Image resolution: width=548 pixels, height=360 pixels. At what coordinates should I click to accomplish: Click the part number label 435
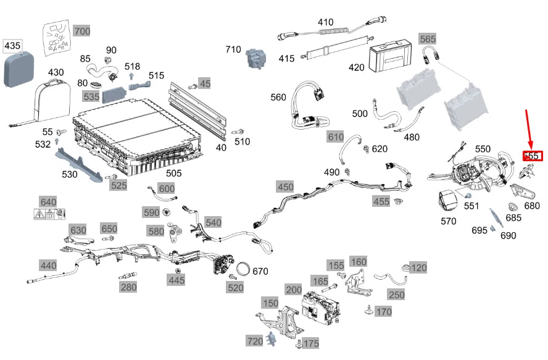pyautogui.click(x=12, y=46)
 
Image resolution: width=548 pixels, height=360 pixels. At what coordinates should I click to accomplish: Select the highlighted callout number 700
pyautogui.click(x=81, y=31)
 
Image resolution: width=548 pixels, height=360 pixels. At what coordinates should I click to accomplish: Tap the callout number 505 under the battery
pyautogui.click(x=173, y=173)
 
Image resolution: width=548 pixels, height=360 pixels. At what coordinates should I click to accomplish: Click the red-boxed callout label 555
pyautogui.click(x=532, y=156)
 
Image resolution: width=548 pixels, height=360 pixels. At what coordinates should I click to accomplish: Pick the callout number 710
pyautogui.click(x=233, y=49)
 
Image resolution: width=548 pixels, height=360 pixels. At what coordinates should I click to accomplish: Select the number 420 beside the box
pyautogui.click(x=356, y=67)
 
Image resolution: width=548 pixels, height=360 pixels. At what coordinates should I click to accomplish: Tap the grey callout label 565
pyautogui.click(x=428, y=39)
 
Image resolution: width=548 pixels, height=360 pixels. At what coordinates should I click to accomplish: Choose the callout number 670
pyautogui.click(x=260, y=271)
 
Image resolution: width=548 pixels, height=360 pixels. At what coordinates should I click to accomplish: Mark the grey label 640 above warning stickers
pyautogui.click(x=48, y=203)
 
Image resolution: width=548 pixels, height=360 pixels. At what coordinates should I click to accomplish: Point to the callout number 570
pyautogui.click(x=449, y=221)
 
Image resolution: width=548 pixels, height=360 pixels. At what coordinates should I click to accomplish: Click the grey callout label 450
pyautogui.click(x=285, y=186)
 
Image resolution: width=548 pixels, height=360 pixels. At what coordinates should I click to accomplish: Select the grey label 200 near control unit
pyautogui.click(x=293, y=290)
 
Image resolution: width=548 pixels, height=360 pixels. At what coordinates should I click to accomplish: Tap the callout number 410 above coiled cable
pyautogui.click(x=325, y=22)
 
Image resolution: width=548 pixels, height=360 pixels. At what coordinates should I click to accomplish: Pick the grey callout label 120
pyautogui.click(x=418, y=268)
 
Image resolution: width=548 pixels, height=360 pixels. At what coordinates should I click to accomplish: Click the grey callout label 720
pyautogui.click(x=255, y=341)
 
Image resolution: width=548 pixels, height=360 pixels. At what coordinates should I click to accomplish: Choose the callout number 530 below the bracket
pyautogui.click(x=70, y=175)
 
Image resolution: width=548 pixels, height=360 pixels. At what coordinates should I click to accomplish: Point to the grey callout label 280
pyautogui.click(x=128, y=287)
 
